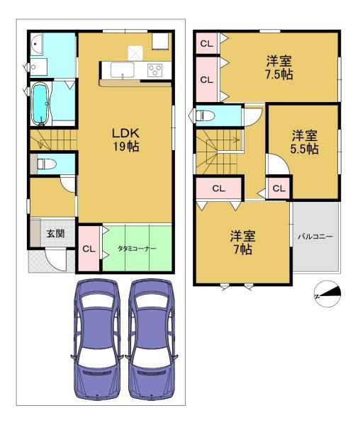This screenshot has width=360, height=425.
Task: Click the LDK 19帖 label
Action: click(x=126, y=140)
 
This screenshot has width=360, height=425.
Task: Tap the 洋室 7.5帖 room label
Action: click(x=279, y=67)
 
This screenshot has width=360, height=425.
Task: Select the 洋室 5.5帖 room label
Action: click(x=305, y=142)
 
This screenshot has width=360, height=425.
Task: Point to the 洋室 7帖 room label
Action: click(x=242, y=242)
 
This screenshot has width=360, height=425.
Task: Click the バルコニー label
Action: click(x=315, y=237)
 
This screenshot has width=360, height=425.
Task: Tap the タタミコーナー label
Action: click(x=137, y=249)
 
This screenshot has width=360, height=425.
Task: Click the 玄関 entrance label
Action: click(x=55, y=233)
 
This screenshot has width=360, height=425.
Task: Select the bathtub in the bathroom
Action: click(x=40, y=103)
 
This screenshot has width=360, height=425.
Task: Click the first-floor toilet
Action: click(x=46, y=164)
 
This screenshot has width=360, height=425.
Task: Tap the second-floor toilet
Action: click(x=206, y=115)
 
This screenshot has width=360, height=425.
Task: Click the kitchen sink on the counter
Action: click(x=123, y=70)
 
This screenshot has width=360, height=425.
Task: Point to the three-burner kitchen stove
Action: click(x=154, y=70)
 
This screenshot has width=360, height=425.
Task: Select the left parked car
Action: click(x=97, y=340)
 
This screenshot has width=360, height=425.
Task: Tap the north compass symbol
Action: click(x=327, y=294)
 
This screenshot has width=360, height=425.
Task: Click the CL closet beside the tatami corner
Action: click(x=89, y=249)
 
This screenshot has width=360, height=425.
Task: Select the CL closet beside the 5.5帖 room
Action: click(x=279, y=188)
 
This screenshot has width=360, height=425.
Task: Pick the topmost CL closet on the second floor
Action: click(x=206, y=44)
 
